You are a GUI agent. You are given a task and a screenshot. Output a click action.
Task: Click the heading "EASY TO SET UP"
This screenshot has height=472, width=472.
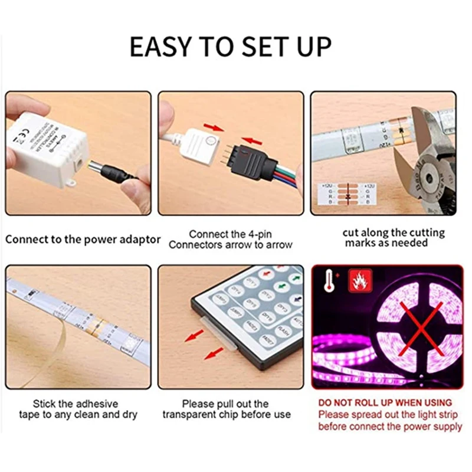(x=231, y=47)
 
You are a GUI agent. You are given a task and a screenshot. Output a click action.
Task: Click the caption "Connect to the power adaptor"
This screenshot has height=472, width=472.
(x=83, y=240)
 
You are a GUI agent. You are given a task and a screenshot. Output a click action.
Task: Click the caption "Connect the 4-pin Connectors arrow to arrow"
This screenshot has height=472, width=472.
(x=230, y=240)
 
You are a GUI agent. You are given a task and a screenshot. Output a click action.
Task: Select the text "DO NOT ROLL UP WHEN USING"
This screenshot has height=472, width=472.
(x=385, y=402)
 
